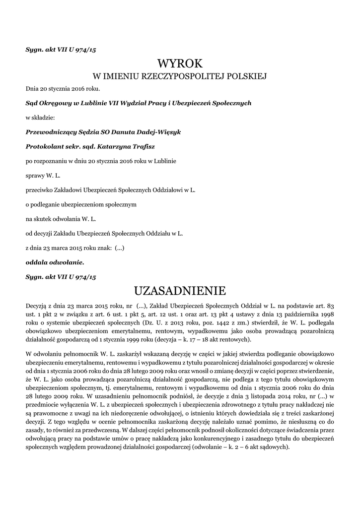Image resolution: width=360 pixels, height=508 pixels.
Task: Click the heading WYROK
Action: [180, 63]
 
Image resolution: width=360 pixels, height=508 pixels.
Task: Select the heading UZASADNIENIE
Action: [180, 290]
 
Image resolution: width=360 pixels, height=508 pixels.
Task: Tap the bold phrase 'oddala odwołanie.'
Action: [55, 261]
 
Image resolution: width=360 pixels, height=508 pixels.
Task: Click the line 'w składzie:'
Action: [40, 118]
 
